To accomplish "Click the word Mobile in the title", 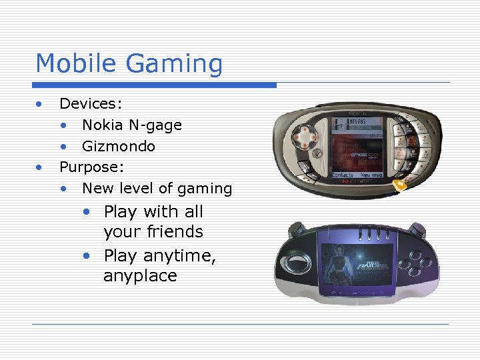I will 78,63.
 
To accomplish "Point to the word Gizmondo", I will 119,146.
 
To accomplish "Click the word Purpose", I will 88,167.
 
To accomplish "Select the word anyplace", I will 140,276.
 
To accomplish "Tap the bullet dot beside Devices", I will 40,103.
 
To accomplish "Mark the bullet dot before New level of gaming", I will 64,189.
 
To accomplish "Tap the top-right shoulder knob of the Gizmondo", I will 423,231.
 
